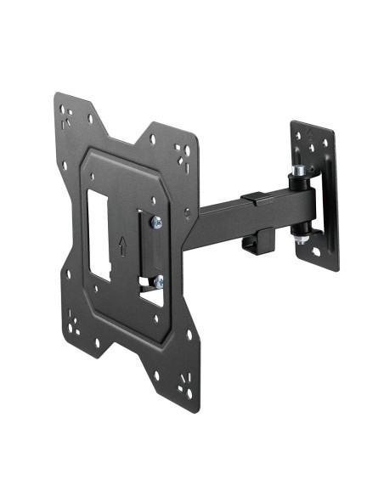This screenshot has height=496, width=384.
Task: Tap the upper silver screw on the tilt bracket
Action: pyautogui.click(x=156, y=223)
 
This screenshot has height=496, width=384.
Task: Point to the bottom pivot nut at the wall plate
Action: pyautogui.click(x=301, y=241)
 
